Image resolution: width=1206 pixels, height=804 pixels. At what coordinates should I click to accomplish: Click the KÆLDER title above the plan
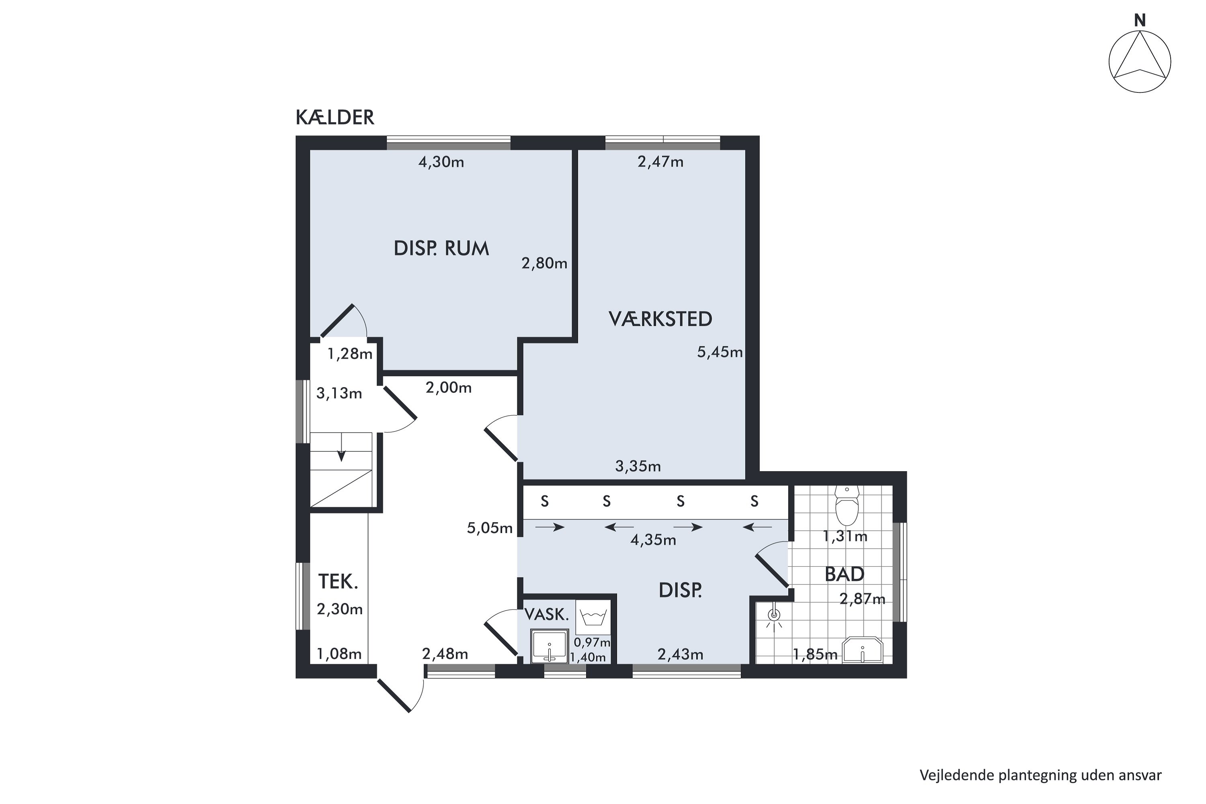pos(335,117)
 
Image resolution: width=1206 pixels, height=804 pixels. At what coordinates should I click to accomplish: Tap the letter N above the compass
pos(1139,20)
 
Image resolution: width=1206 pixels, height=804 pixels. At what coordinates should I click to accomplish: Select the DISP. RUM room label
pos(441,249)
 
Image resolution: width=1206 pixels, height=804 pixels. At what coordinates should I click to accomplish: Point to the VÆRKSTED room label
pos(660,319)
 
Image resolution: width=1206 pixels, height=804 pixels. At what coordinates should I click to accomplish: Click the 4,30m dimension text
pos(441,162)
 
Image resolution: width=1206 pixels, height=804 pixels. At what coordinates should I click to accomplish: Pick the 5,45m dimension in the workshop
pos(720,352)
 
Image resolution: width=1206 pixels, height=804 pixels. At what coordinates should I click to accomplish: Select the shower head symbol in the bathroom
pos(774,617)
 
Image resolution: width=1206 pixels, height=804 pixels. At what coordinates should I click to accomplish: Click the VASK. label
pos(547,614)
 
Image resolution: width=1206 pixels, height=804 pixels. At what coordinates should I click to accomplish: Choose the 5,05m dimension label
pos(490,528)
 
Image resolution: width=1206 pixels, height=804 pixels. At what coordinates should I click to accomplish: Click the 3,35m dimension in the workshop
pos(638,466)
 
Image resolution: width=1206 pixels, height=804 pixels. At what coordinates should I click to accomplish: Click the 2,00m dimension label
pos(449,388)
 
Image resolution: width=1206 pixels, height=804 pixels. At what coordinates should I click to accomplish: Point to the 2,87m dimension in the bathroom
pos(862,599)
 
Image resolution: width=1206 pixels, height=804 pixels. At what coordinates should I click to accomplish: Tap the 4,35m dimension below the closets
pos(653,540)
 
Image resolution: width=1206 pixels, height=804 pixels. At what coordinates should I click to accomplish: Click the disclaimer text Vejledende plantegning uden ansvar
pos(1040,775)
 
